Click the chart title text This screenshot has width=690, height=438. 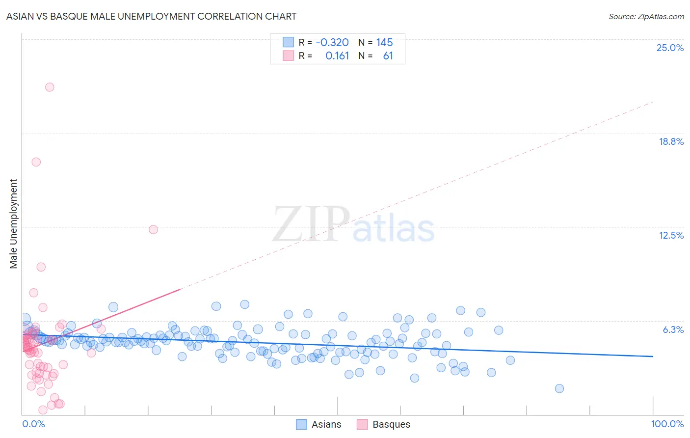[151, 16]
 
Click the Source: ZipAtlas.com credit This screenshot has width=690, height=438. [646, 16]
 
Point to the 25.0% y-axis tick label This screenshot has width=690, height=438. [670, 48]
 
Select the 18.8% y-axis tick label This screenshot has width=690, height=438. [671, 141]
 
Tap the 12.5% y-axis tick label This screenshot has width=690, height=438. [671, 235]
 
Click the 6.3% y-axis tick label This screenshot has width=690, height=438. [673, 329]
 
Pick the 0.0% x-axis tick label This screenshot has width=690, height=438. [33, 424]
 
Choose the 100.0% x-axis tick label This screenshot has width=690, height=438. [667, 424]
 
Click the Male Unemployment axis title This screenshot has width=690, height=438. [13, 224]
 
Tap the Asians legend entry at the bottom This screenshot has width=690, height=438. [326, 424]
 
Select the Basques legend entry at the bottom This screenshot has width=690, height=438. [391, 424]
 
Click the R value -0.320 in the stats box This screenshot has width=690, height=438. [332, 42]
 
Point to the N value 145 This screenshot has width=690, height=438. [384, 42]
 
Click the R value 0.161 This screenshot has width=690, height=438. [337, 55]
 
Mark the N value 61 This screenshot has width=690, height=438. [388, 55]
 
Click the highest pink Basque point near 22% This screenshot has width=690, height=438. [50, 87]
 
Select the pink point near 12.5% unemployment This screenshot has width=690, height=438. [153, 229]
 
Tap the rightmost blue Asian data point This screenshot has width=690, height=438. [559, 388]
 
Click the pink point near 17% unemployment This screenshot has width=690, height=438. [36, 162]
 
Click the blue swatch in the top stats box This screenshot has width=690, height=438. [288, 42]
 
